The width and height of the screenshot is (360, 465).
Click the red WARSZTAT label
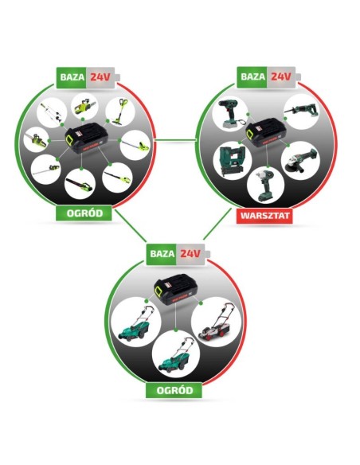coord(264,216)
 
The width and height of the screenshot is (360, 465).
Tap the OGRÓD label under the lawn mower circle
coord(174,390)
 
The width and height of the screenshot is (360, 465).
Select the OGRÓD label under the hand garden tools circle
coord(84,213)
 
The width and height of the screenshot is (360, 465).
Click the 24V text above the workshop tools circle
coord(280,76)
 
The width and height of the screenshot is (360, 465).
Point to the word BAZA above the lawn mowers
coord(162,254)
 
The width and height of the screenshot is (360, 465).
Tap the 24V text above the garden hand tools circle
coord(100,77)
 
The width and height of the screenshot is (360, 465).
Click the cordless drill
coord(232,114)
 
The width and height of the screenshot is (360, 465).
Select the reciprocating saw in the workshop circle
coord(300,111)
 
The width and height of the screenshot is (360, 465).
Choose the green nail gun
coord(232,161)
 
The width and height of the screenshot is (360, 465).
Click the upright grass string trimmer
coord(120,111)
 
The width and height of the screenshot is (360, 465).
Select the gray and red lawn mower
coord(216,322)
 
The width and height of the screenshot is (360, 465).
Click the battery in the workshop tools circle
coord(266,132)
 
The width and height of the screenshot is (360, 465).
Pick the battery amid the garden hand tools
coord(87,138)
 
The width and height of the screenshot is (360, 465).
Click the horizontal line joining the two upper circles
coord(176,139)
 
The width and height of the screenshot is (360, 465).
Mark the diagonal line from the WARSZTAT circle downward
coord(217,224)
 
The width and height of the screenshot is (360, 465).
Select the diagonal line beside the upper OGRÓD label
coord(131,225)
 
